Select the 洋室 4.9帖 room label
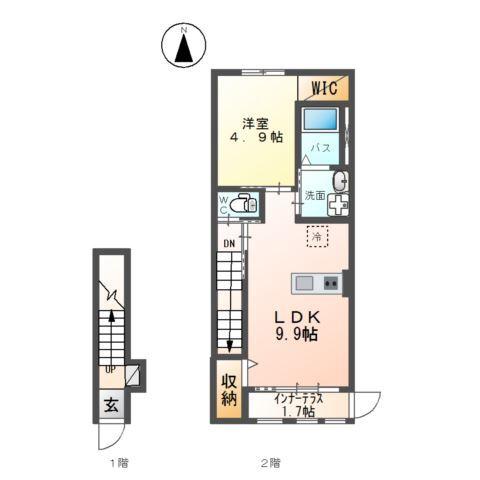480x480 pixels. pos(254,131)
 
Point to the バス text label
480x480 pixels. pos(320,147)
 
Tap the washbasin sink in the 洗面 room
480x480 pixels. pos(339,181)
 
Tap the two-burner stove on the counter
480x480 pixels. pos(331,283)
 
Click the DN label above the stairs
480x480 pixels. pos(229,243)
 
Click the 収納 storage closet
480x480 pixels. pos(229,391)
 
